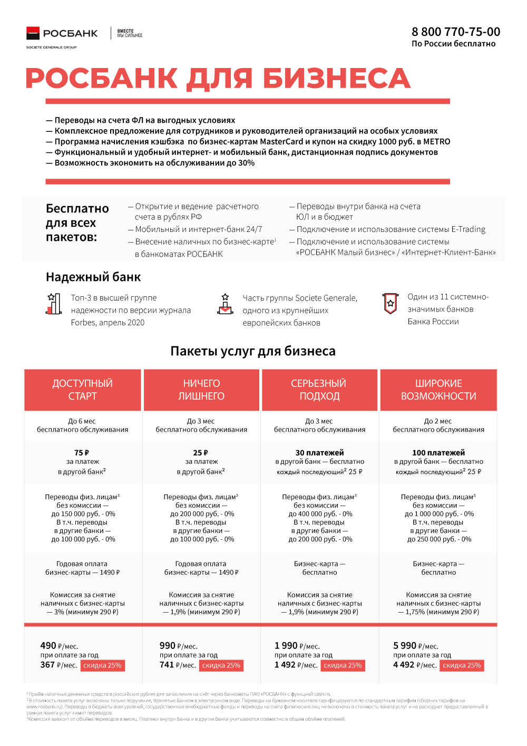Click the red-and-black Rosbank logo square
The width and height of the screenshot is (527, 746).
click(x=33, y=33)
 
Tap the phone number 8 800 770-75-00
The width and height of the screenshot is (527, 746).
click(x=456, y=32)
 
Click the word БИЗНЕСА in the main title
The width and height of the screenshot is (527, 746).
click(x=336, y=79)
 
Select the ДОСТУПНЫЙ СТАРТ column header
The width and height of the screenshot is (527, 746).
click(x=83, y=390)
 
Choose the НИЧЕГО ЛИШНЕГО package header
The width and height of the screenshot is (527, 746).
click(x=201, y=390)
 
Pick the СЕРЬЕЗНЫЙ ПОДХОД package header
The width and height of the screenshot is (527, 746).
click(x=319, y=390)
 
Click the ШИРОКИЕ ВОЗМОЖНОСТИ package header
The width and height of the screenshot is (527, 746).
click(x=438, y=390)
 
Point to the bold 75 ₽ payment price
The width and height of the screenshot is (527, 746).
click(x=82, y=452)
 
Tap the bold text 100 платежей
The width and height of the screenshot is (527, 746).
click(x=438, y=452)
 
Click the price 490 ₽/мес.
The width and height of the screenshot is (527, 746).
click(x=59, y=646)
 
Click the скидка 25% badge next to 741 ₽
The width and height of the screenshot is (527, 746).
click(x=221, y=665)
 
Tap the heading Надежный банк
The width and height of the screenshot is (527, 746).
click(x=93, y=277)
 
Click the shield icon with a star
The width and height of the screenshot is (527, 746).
click(x=390, y=303)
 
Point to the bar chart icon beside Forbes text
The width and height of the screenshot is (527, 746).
click(x=53, y=304)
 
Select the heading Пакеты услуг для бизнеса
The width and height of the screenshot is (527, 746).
click(x=253, y=351)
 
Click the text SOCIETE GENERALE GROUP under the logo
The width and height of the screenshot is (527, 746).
click(x=51, y=47)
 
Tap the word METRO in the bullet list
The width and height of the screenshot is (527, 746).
click(x=437, y=141)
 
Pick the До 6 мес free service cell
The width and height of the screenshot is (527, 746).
click(x=82, y=425)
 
